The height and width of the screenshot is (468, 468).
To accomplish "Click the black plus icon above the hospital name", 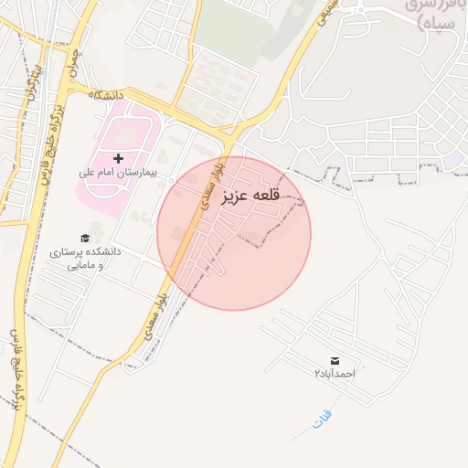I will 118,158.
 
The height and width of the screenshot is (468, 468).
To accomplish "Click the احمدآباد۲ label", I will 334,373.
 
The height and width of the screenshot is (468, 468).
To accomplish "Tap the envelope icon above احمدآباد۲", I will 333,360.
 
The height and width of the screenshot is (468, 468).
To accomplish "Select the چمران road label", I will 72,60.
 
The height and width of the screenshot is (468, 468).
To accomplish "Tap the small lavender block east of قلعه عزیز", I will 452,160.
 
